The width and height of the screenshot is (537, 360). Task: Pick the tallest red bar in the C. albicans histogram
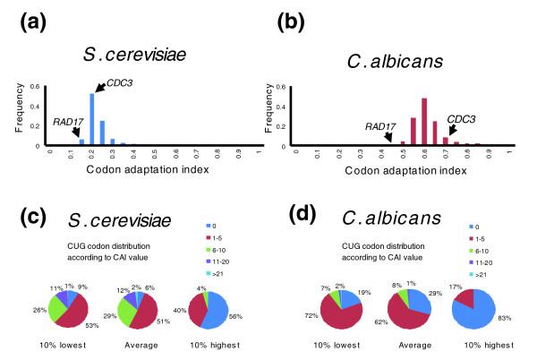coord(424,120)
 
